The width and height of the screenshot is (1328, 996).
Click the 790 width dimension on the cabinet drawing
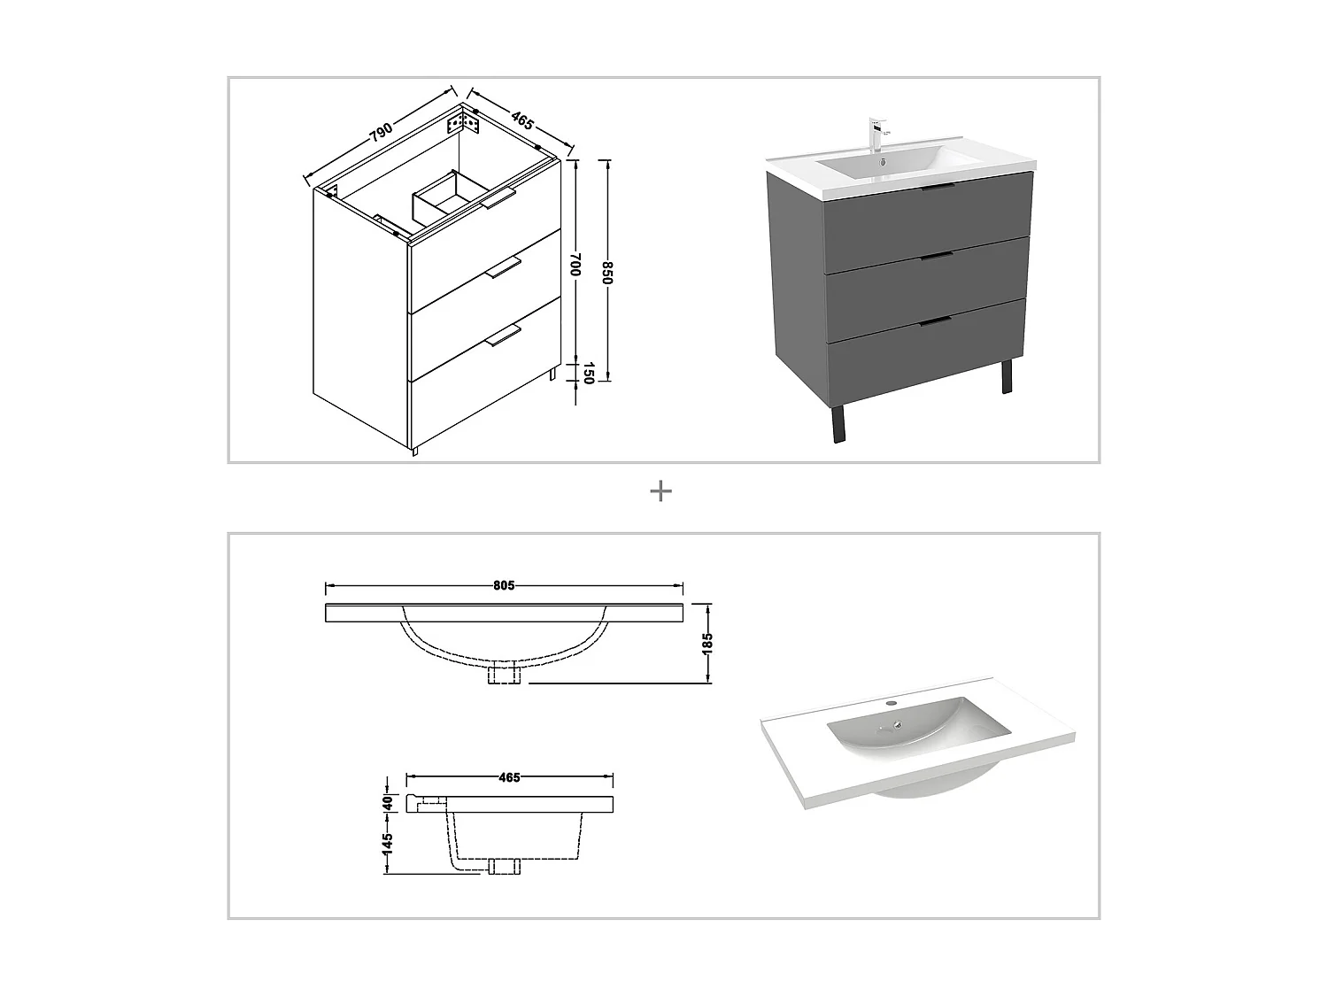(381, 132)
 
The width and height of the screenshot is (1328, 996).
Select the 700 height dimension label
(575, 265)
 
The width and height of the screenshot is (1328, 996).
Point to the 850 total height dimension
(606, 272)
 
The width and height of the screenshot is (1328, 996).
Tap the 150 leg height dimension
(586, 374)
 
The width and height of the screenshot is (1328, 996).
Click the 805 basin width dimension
(504, 585)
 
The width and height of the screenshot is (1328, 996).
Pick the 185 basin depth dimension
(707, 643)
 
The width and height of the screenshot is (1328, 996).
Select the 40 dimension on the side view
(387, 803)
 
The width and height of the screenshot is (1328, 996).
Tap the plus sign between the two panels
(660, 491)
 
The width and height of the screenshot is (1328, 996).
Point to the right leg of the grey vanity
(1006, 376)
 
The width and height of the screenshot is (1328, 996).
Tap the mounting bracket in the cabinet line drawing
(467, 122)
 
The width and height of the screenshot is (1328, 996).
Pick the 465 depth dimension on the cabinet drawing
(522, 121)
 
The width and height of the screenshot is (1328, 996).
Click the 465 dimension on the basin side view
(509, 777)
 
